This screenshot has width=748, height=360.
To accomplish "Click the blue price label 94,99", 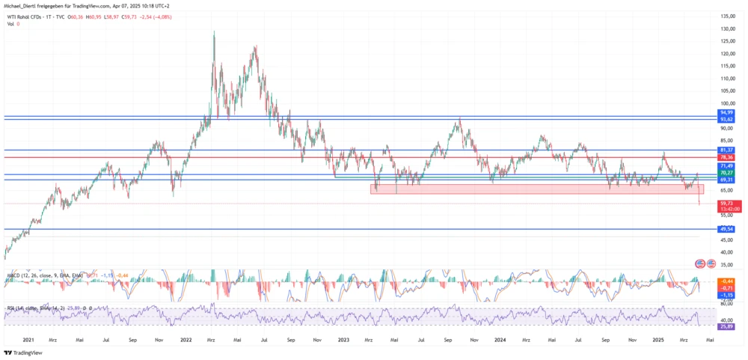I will pos(724,112).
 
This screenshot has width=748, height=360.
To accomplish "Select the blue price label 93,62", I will pos(724,119).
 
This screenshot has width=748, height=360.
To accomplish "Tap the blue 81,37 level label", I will pos(724,150).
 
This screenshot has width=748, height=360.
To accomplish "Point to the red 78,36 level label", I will pos(724,157).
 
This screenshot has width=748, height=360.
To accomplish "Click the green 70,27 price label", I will pos(724,173).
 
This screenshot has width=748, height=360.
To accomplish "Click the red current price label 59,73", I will pos(724,203).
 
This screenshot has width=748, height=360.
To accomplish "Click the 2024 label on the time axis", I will pos(500,341).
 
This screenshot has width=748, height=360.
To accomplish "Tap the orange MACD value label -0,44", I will pos(724,280).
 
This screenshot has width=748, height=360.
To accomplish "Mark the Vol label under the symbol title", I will pos(10,24).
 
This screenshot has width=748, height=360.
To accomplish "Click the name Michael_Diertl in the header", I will pos(24,5).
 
